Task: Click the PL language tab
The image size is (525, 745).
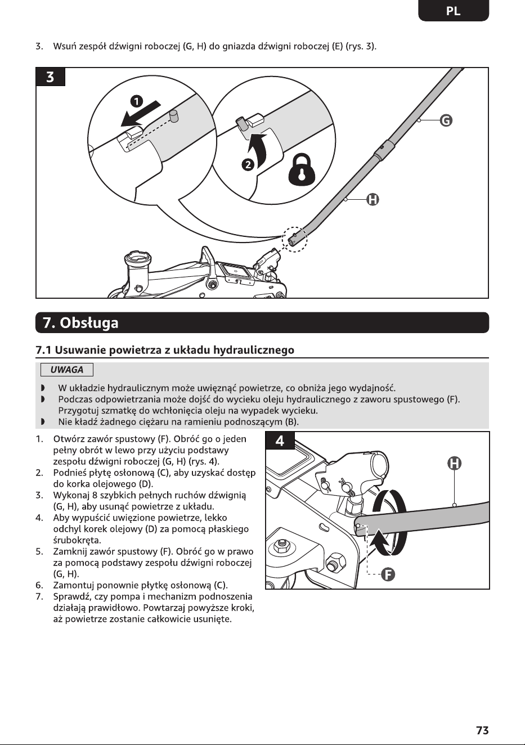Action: point(454,11)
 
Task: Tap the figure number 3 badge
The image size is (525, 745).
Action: point(50,77)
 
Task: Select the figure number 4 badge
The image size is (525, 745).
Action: point(280,441)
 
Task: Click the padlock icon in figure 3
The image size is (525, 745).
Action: point(302,170)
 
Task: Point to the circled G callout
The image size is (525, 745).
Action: point(446,120)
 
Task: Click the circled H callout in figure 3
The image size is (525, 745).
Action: point(373,200)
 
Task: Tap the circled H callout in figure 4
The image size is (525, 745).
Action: point(454,463)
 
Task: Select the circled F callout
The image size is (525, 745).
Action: point(388,574)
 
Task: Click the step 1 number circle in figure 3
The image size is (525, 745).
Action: point(136,101)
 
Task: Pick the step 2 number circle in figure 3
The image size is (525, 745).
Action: point(248,164)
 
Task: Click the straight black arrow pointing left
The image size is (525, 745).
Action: point(141,114)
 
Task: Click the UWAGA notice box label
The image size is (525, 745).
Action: point(67,370)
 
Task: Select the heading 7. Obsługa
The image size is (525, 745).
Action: point(80,322)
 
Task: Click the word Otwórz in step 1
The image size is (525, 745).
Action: point(68,439)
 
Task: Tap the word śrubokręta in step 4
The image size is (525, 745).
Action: point(77,540)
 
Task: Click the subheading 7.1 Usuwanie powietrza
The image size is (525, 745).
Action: point(165,350)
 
